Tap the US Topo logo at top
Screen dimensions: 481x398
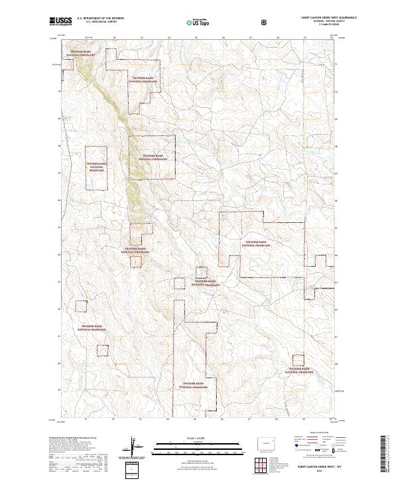pos(192,21)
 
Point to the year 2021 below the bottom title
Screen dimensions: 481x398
pos(318,472)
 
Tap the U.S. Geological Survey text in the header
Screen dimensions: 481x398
pos(96,22)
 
